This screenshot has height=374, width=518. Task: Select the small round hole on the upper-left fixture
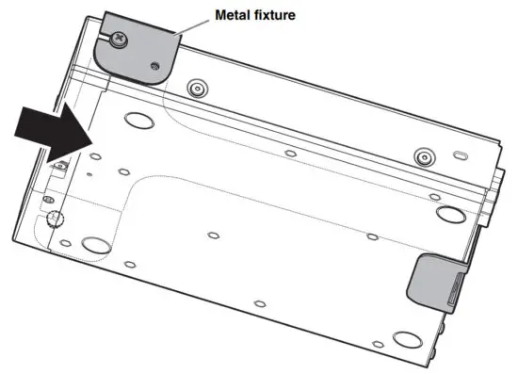155,66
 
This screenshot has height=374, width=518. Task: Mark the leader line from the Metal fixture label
194,27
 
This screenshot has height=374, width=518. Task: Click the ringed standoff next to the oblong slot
424,154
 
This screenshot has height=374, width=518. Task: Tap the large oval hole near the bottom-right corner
406,335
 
